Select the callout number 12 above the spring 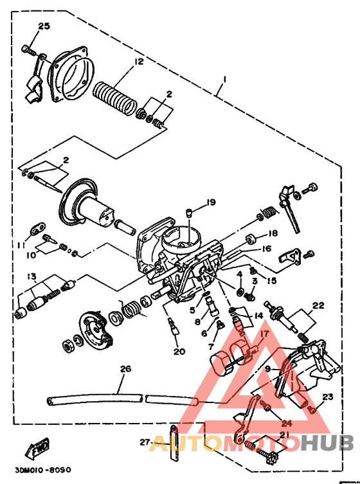coord(138,62)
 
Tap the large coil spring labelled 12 coord(116,96)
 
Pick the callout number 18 coord(273,233)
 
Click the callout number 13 coord(30,276)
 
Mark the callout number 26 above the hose coord(125,369)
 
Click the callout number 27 coord(145,442)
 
